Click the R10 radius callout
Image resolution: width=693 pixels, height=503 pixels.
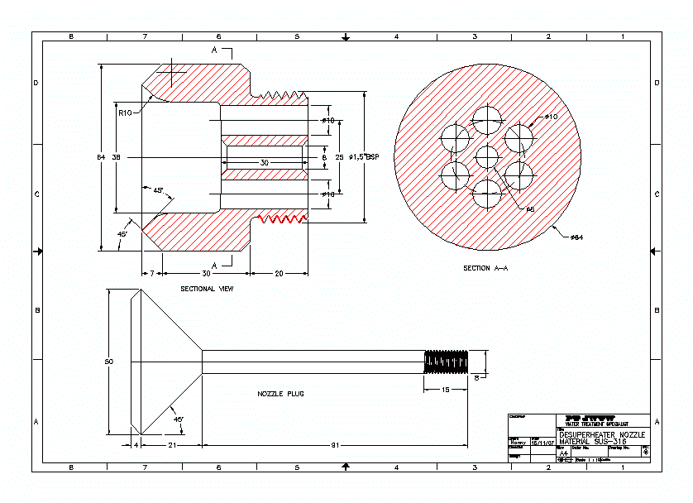[125, 113]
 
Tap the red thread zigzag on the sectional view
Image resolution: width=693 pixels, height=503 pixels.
[283, 219]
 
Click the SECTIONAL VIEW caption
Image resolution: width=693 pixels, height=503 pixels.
[207, 290]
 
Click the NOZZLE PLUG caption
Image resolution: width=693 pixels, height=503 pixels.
[280, 394]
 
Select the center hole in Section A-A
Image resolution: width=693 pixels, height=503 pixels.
[488, 156]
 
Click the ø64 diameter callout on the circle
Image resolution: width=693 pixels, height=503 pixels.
[576, 238]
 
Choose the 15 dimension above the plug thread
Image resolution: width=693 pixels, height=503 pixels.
[445, 389]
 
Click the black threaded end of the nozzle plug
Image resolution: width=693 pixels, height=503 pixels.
[446, 362]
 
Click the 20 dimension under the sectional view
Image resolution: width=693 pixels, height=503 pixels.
[279, 273]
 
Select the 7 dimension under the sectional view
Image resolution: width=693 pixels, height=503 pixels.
[151, 273]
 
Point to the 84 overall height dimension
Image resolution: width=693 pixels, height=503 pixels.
[101, 156]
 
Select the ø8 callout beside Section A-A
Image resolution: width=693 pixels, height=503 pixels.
[531, 210]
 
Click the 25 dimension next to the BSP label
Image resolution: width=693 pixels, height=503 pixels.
[339, 156]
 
